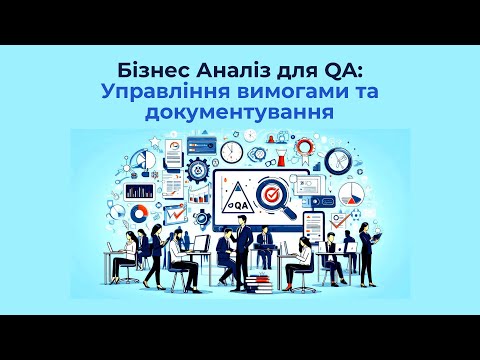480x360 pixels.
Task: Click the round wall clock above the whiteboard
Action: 233,152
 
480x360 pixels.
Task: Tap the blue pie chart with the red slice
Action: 349,191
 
